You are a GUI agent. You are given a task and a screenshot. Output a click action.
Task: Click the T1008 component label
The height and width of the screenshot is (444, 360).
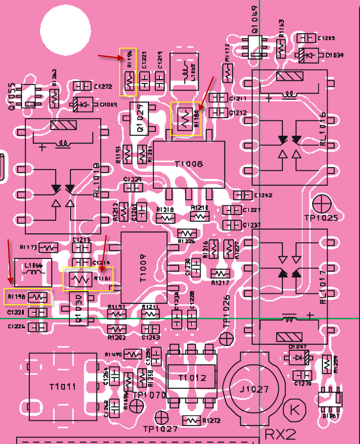pos(189,165)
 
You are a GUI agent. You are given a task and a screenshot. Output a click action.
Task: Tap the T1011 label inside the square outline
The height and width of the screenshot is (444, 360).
pos(63,387)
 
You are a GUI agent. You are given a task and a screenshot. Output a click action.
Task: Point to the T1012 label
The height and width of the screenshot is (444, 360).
pos(192,378)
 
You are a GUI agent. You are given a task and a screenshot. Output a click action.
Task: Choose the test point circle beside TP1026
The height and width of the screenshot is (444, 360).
pos(226,338)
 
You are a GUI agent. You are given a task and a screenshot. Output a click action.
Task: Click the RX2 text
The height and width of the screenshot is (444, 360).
pos(280,434)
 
